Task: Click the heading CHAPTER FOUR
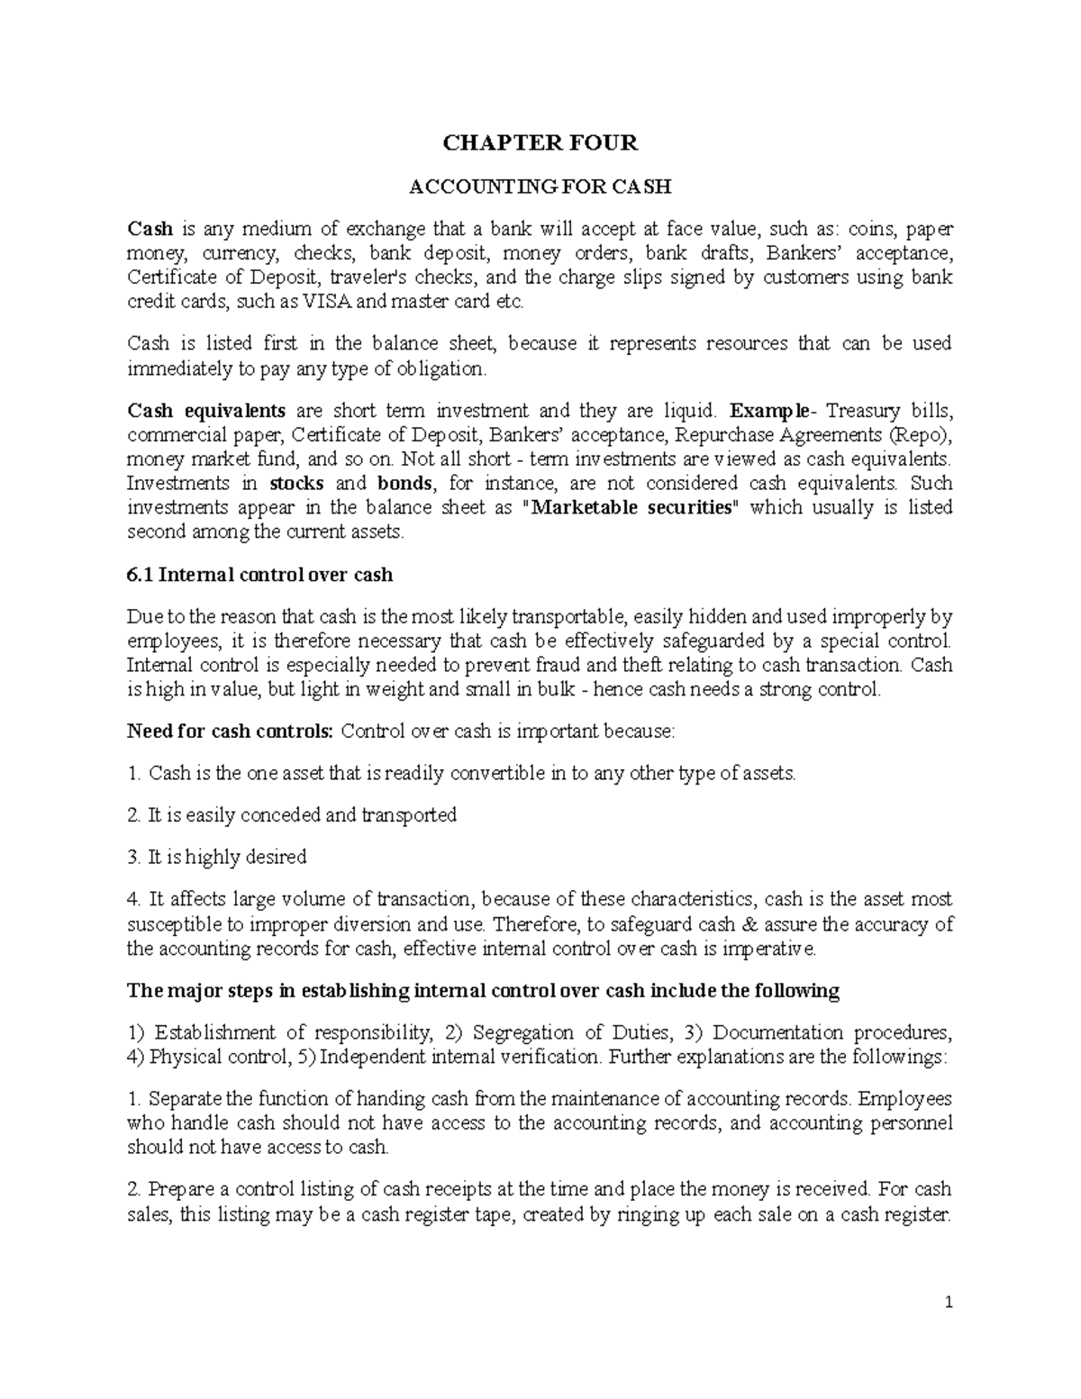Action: (x=540, y=142)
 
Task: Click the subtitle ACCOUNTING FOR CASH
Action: (x=540, y=187)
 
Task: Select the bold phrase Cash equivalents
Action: (x=206, y=412)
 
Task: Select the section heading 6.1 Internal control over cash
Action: (x=260, y=575)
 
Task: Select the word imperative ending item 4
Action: (x=772, y=949)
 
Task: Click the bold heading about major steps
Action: (x=483, y=991)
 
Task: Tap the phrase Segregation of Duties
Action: (x=572, y=1033)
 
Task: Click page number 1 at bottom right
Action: (x=949, y=1303)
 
